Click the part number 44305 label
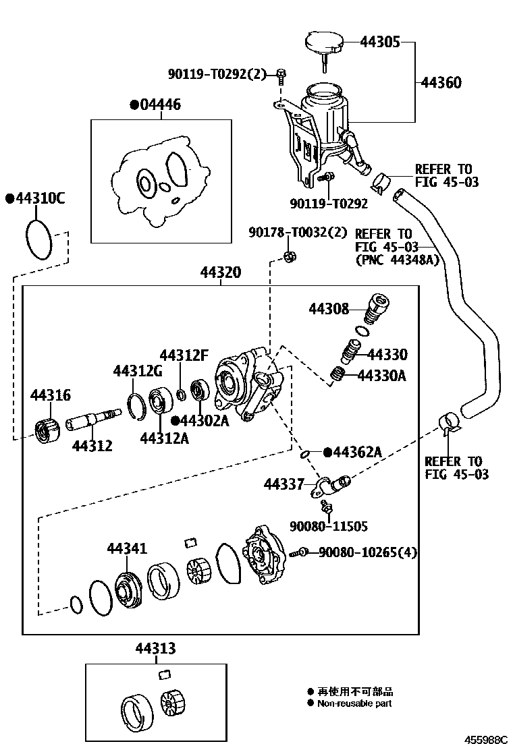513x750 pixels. click(380, 42)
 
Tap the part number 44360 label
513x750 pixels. click(441, 83)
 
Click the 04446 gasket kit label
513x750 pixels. click(161, 105)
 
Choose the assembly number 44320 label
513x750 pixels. click(221, 272)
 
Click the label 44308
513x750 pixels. click(329, 309)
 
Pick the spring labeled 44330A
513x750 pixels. click(337, 373)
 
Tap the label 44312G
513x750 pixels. click(138, 371)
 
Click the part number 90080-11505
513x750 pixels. click(329, 526)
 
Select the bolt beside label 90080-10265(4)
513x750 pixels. click(298, 552)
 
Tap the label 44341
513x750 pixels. click(126, 549)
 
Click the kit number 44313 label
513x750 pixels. click(155, 648)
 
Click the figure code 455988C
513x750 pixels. click(484, 739)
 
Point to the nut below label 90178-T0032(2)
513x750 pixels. click(289, 256)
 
